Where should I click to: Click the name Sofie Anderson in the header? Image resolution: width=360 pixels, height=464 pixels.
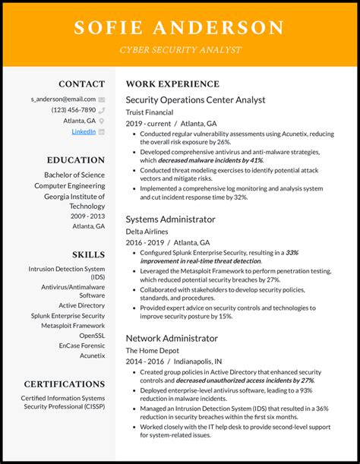coord(179,28)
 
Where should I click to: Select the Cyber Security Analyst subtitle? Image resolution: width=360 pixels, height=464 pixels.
coord(179,50)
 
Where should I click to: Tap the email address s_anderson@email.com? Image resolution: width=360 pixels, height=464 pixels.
coord(63,99)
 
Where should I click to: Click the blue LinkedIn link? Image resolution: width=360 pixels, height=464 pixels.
coord(84,131)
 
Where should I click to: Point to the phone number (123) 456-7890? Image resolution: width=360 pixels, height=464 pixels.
coord(74,110)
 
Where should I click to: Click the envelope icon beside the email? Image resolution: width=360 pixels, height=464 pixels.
coord(102,99)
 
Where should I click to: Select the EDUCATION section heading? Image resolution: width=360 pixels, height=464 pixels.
coord(76,160)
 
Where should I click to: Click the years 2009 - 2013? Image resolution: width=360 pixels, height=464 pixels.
coord(89,216)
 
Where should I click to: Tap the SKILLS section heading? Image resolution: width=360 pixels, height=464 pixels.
coord(89,254)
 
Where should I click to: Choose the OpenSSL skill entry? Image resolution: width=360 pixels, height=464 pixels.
coord(92,335)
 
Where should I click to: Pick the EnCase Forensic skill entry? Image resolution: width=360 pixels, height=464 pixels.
coord(82,345)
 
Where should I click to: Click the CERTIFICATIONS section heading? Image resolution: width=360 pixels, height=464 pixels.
coord(65,384)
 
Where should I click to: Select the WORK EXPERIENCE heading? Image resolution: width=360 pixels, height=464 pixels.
coord(172,84)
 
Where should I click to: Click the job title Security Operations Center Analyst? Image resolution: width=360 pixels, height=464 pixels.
coord(195,99)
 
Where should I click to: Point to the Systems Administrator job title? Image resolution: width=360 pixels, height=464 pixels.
coord(170,219)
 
